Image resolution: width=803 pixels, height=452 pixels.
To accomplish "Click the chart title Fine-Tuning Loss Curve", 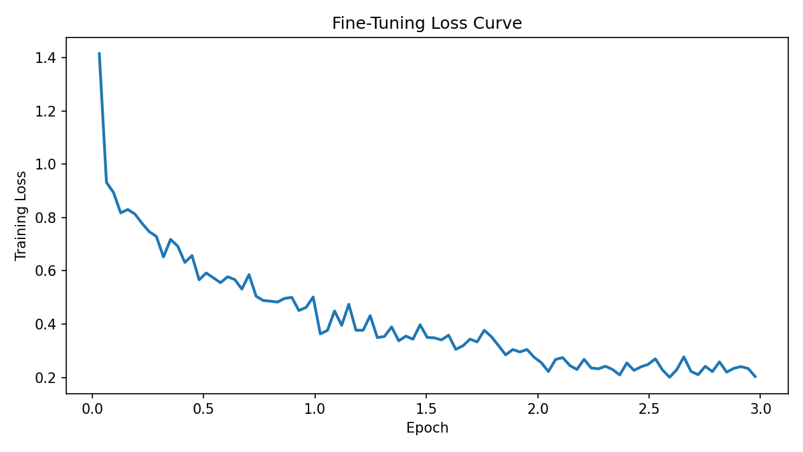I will pyautogui.click(x=427, y=23).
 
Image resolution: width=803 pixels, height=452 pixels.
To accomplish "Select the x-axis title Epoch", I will pyautogui.click(x=427, y=429).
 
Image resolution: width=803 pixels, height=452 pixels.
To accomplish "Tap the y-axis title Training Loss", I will pyautogui.click(x=21, y=216).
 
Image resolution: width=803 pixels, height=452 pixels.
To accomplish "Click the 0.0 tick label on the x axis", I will pyautogui.click(x=92, y=409).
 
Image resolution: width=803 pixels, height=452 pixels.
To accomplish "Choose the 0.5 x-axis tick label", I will pyautogui.click(x=203, y=409).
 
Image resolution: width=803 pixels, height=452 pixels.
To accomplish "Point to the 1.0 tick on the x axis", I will pyautogui.click(x=315, y=409).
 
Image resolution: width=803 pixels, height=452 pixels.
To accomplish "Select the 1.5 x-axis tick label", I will pyautogui.click(x=426, y=409).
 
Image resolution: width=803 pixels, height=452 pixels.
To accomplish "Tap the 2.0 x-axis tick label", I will pyautogui.click(x=538, y=409).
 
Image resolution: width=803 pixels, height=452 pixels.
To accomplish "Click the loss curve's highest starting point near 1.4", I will pyautogui.click(x=99, y=54).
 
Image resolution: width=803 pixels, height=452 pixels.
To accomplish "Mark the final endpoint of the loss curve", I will pyautogui.click(x=755, y=376).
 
